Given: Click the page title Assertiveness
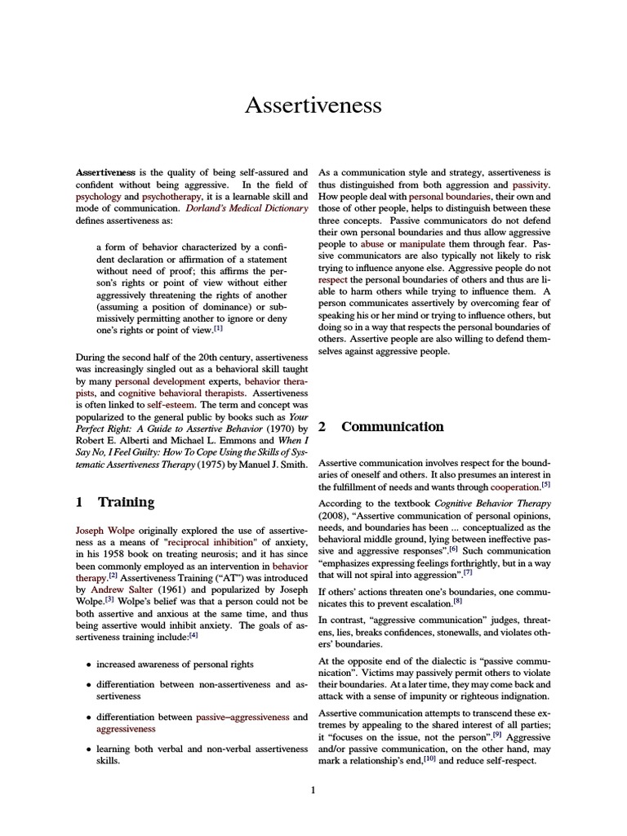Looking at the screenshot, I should coord(313,106).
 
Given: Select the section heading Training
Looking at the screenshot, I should coord(126,502).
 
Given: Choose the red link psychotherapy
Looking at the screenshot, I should coord(170,197).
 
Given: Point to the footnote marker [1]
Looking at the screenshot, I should coord(217,329).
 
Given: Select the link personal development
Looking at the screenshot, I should coord(154,381).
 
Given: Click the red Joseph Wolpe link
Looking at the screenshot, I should coord(104,530).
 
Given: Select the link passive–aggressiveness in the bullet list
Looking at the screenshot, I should coord(242,717).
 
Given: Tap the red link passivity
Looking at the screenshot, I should coord(531,185).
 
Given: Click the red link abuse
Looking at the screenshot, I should coord(372,244).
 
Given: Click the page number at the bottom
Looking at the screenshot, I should coord(313,789).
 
